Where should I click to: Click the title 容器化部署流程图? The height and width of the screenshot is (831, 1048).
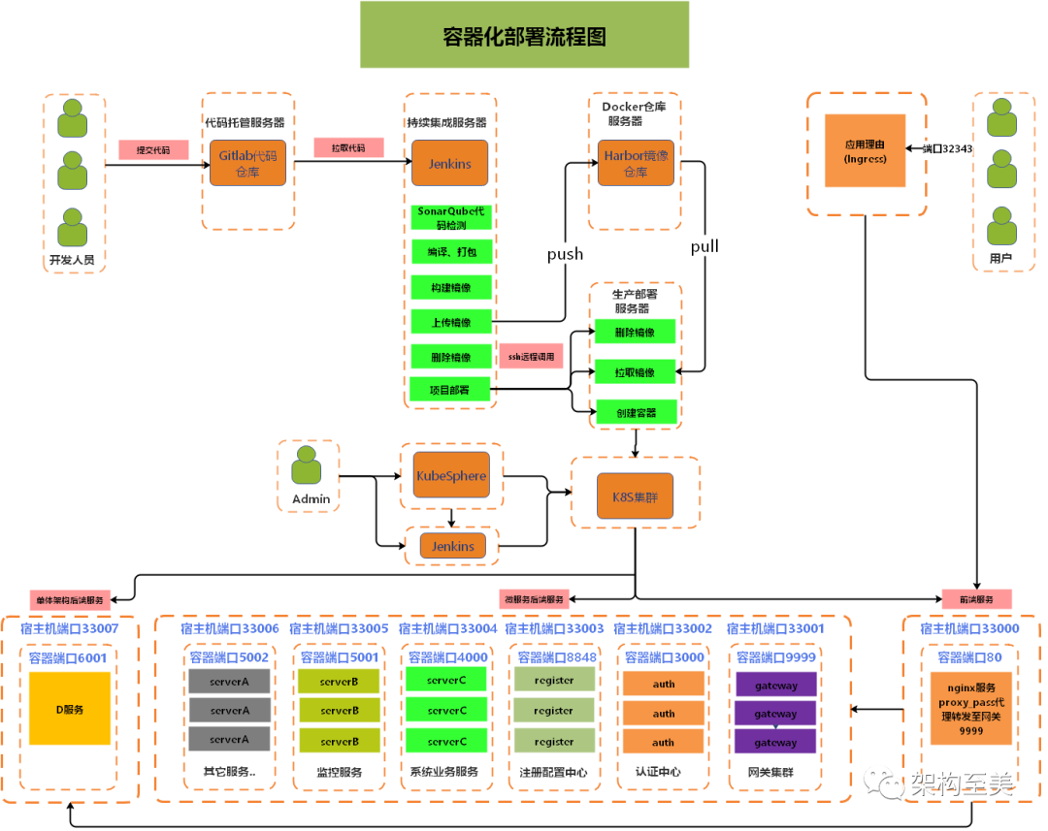524,36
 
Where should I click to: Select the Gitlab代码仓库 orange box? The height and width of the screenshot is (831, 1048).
248,163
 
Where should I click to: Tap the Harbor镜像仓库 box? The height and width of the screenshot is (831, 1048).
636,163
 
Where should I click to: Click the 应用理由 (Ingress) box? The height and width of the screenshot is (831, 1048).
865,150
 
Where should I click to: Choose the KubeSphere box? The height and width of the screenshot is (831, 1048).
451,475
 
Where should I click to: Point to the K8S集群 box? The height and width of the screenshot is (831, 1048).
635,496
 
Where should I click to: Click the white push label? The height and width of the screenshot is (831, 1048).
565,253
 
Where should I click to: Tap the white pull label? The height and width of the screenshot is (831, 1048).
704,245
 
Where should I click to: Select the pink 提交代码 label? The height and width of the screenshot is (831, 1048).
153,150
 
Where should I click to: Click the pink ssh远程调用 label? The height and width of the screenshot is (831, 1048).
531,356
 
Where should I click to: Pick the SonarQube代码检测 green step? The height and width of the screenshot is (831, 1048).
451,217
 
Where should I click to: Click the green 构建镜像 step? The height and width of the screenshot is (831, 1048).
451,287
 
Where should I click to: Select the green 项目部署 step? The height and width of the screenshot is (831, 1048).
451,390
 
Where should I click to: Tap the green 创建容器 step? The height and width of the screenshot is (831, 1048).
636,412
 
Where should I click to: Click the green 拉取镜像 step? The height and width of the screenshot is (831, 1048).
636,371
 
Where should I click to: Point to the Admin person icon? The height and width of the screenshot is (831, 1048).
307,466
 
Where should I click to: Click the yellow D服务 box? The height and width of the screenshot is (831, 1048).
70,709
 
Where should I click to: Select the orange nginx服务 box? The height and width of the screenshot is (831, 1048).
971,709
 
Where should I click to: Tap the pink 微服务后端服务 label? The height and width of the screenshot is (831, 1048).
532,599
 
